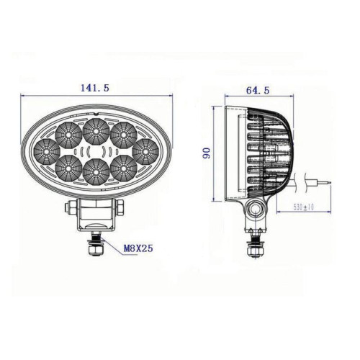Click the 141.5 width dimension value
[x=95, y=88]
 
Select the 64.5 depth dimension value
[x=258, y=90]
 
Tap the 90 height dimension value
[x=207, y=153]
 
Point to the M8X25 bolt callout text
[x=138, y=248]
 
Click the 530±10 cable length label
[x=304, y=207]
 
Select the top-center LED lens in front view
[x=96, y=131]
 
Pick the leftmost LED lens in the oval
[x=47, y=152]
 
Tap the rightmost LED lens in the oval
[x=145, y=152]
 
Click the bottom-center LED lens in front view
[x=96, y=172]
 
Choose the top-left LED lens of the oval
[x=68, y=135]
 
